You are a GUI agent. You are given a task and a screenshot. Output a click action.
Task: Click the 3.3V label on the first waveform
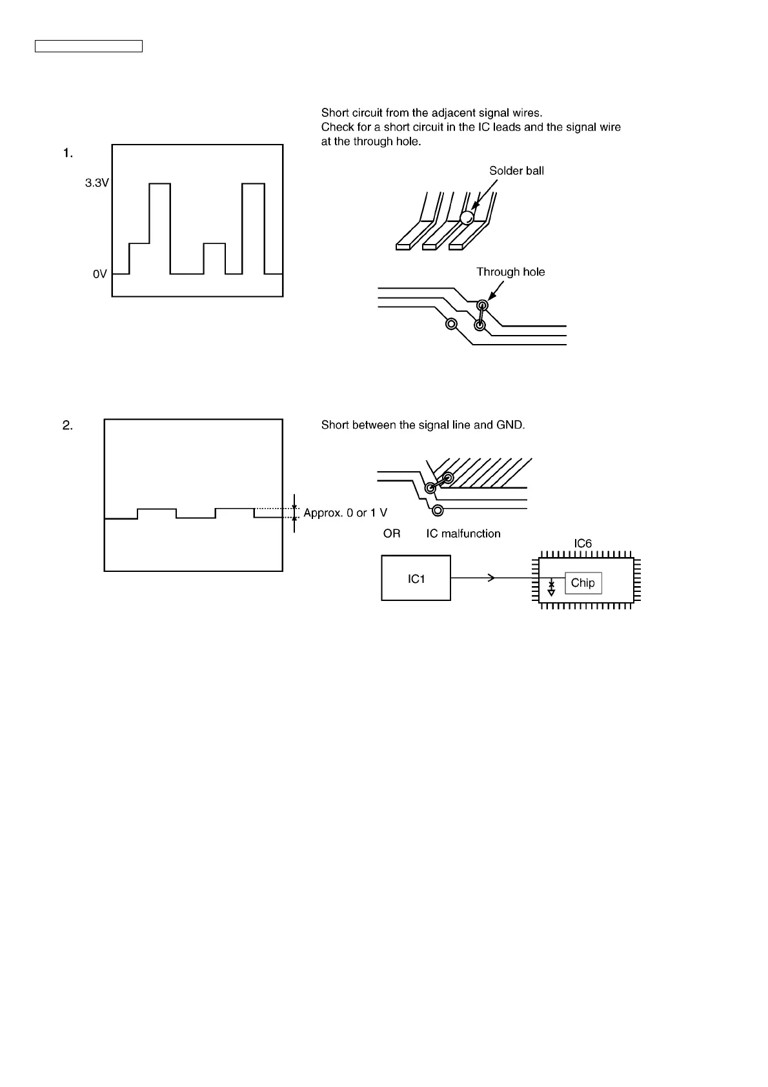click(97, 183)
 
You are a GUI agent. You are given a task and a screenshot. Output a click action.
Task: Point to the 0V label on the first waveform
click(99, 274)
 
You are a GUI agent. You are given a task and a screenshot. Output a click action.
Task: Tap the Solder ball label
click(516, 171)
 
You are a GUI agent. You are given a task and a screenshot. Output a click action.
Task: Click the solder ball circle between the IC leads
click(467, 218)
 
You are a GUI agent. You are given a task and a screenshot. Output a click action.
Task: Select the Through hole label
click(510, 272)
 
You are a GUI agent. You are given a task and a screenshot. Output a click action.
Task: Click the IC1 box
click(416, 578)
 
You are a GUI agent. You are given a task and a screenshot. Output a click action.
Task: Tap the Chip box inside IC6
click(583, 583)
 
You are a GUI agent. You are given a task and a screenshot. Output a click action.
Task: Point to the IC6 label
click(583, 543)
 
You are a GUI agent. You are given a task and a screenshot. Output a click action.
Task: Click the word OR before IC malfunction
click(392, 534)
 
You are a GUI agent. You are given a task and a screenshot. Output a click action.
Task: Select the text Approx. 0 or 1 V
click(345, 513)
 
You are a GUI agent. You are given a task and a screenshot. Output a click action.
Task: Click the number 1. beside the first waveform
click(68, 153)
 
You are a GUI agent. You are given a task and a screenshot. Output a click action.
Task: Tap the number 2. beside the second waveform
click(68, 425)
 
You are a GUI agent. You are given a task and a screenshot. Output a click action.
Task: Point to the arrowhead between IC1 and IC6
click(492, 578)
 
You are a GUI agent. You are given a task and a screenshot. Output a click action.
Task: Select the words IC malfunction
click(463, 534)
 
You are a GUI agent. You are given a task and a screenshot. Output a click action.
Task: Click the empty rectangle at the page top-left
click(88, 46)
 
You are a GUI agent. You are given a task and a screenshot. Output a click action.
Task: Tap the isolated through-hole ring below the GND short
click(438, 511)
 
